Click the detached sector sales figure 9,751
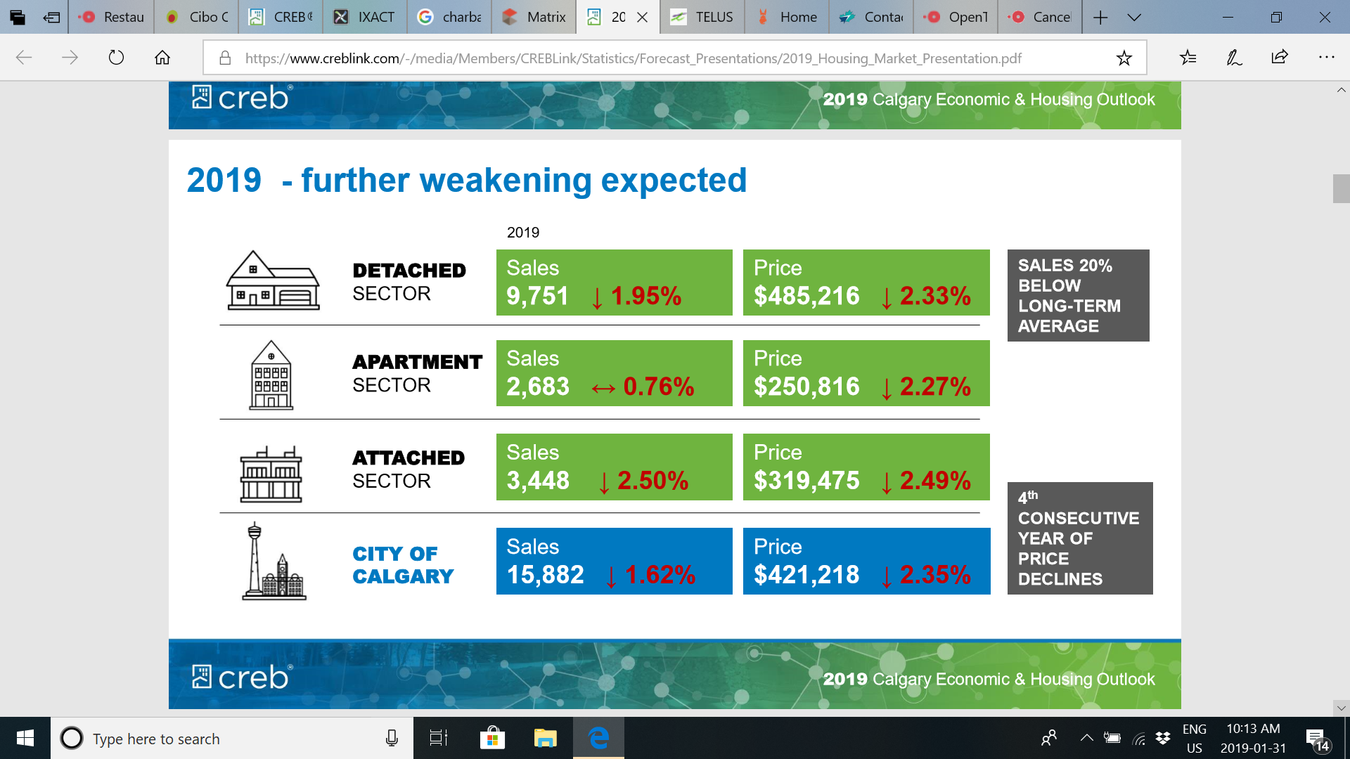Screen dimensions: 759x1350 click(537, 296)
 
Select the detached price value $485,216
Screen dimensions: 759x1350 click(806, 296)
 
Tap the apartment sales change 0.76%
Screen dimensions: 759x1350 click(658, 387)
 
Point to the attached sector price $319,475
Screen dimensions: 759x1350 click(806, 481)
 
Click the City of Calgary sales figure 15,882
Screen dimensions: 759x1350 click(545, 575)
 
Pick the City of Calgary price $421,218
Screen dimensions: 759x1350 click(806, 575)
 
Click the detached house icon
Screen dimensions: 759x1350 click(273, 281)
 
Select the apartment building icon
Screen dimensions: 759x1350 click(271, 375)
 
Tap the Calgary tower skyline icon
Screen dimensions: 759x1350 click(274, 562)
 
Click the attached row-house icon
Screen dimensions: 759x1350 click(271, 474)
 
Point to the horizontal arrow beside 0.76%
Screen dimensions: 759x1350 click(603, 388)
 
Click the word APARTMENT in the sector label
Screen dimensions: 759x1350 click(417, 362)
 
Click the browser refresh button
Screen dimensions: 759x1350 click(116, 58)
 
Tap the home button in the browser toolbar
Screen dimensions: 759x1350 click(162, 58)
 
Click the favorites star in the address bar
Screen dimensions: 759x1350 click(1124, 58)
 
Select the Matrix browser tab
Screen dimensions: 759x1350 click(534, 17)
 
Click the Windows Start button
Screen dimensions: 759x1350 click(25, 738)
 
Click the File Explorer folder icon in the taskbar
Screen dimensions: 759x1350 click(545, 738)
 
